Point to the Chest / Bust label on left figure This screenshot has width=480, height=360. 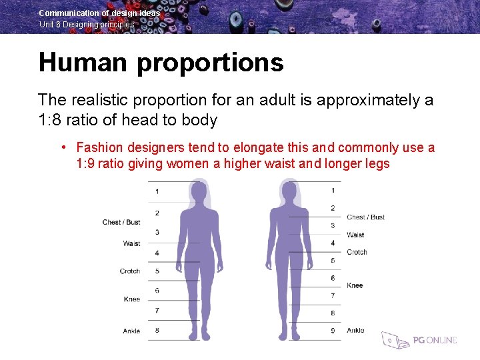point(121,222)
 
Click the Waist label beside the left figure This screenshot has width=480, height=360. point(131,243)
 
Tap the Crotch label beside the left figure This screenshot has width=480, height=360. point(129,271)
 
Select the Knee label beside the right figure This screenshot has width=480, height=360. point(355,285)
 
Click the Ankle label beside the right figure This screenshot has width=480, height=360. point(355,331)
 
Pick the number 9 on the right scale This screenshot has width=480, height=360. point(333,330)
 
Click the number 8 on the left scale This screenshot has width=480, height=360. point(157,329)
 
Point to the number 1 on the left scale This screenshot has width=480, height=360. point(157,191)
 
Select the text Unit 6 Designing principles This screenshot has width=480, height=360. point(87,25)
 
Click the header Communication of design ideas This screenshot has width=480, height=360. point(99,13)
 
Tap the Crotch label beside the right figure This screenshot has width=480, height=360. point(357,252)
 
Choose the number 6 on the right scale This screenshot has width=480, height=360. point(333,278)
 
